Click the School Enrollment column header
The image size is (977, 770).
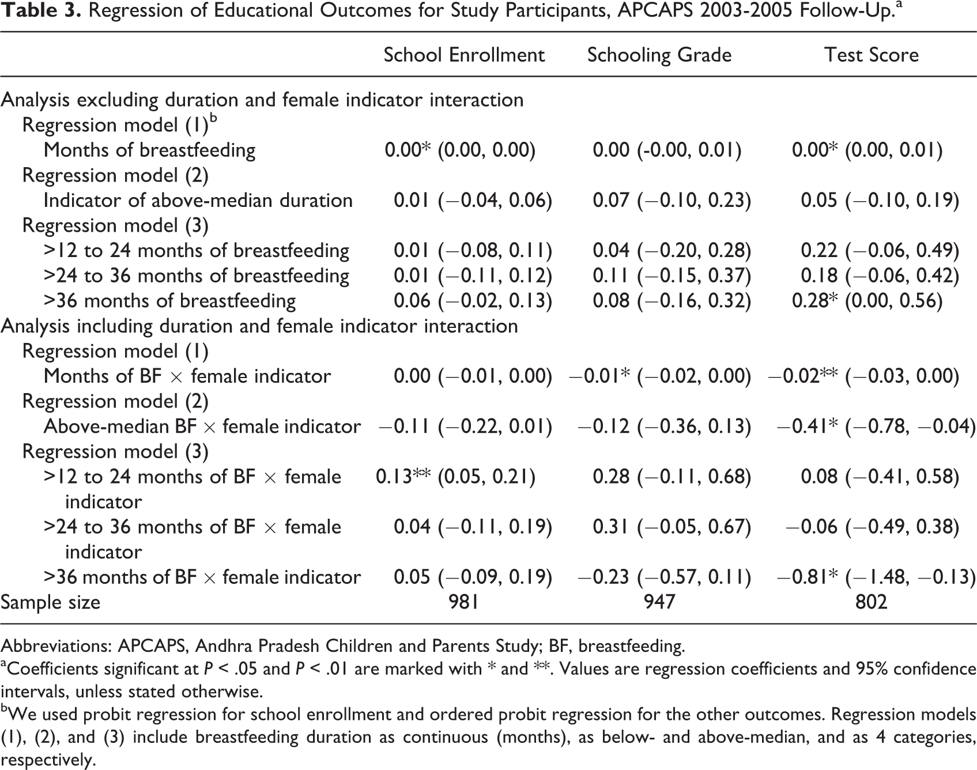(x=464, y=55)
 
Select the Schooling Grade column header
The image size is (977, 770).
(x=659, y=55)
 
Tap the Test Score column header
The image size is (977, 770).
(x=872, y=55)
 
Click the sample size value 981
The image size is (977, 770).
(x=464, y=602)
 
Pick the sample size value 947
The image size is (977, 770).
(x=659, y=602)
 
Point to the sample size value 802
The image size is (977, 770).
(x=872, y=602)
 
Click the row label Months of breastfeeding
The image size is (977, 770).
(x=150, y=150)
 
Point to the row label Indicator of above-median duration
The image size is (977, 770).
(x=198, y=200)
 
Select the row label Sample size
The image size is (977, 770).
(x=50, y=602)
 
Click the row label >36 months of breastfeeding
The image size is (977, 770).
(x=170, y=301)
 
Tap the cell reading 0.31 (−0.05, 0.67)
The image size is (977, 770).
(x=672, y=527)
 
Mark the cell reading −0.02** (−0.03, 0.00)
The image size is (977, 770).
(x=863, y=376)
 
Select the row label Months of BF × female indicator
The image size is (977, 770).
(x=187, y=376)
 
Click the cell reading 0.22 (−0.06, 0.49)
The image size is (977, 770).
(x=880, y=250)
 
